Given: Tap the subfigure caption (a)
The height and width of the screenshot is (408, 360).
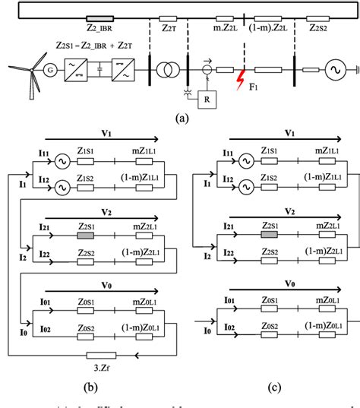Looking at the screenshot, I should tap(180, 118).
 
